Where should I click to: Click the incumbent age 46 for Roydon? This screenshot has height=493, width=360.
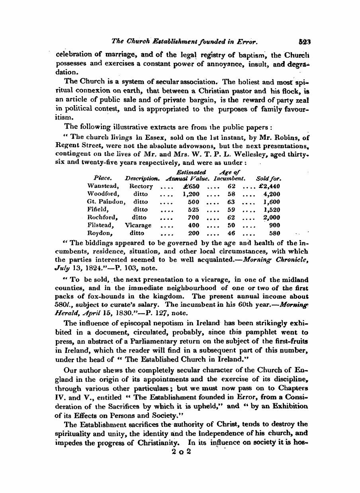tap(231, 233)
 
